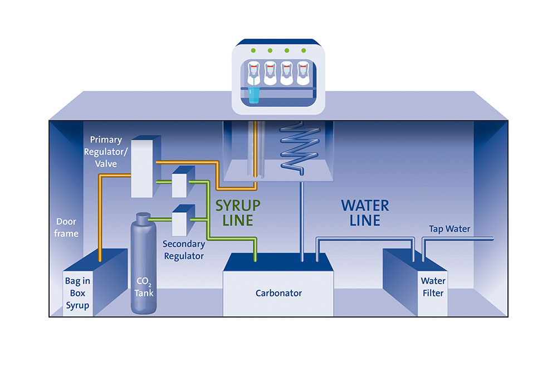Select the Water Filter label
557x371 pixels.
pyautogui.click(x=432, y=287)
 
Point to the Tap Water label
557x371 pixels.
pyautogui.click(x=449, y=228)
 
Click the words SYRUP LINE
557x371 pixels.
pyautogui.click(x=238, y=212)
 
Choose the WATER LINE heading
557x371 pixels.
pyautogui.click(x=365, y=212)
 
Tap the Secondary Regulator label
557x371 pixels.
pyautogui.click(x=183, y=250)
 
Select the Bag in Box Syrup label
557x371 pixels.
pyautogui.click(x=77, y=292)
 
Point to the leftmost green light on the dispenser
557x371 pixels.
pyautogui.click(x=253, y=51)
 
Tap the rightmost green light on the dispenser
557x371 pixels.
pyautogui.click(x=303, y=51)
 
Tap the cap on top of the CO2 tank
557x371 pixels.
pyautogui.click(x=143, y=216)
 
